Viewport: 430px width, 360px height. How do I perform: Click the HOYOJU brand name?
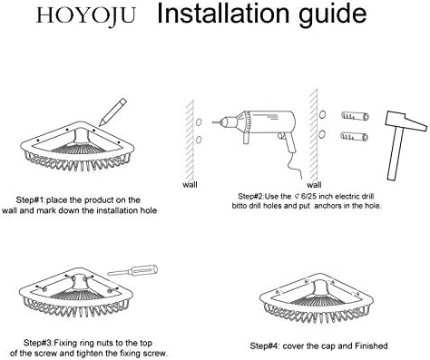coord(85,15)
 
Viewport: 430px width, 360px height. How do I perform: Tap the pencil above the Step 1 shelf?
coord(112,112)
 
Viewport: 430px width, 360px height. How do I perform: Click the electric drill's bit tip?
coord(213,122)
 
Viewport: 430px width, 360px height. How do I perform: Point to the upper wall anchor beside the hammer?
coord(356,116)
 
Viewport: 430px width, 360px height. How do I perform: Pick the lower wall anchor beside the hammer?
coord(354,136)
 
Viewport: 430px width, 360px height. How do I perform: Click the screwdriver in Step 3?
coord(132,270)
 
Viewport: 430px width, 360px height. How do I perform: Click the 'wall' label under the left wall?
coord(190,184)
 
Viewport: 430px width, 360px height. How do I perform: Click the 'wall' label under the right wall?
coord(314,184)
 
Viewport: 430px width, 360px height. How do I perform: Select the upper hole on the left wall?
coord(199,122)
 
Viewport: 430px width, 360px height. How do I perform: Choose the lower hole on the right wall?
coord(322,134)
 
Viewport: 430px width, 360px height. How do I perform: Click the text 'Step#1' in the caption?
coord(30,200)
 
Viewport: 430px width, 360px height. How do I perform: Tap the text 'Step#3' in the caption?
coord(38,343)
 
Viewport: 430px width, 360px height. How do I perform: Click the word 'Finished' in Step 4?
coord(371,345)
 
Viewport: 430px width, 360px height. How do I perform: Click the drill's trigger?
coord(281,137)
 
